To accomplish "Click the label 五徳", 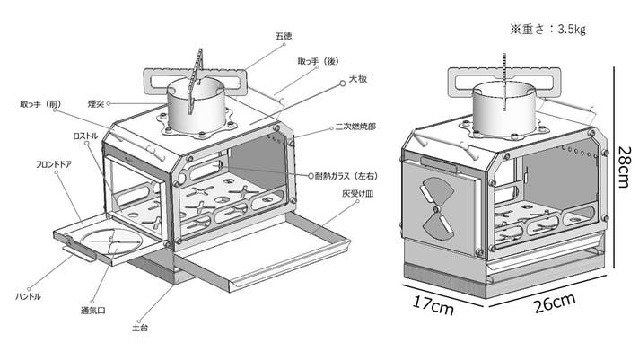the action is click(x=284, y=36).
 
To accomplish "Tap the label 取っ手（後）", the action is click(x=319, y=62).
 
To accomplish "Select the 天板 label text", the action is click(x=358, y=78).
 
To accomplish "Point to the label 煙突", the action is click(x=96, y=104).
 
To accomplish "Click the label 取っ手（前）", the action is click(x=40, y=104).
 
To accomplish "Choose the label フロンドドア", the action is click(x=54, y=164).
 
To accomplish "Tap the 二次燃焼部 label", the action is click(x=355, y=127).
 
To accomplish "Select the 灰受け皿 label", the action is click(x=358, y=194).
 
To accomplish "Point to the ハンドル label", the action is click(x=28, y=296).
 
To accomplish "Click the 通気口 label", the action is click(x=93, y=311).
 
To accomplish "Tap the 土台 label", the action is click(x=140, y=328).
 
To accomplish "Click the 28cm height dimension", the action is click(x=624, y=168).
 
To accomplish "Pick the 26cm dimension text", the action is click(x=555, y=303).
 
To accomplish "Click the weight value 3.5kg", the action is click(x=572, y=30).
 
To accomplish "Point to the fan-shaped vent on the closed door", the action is click(x=436, y=208).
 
